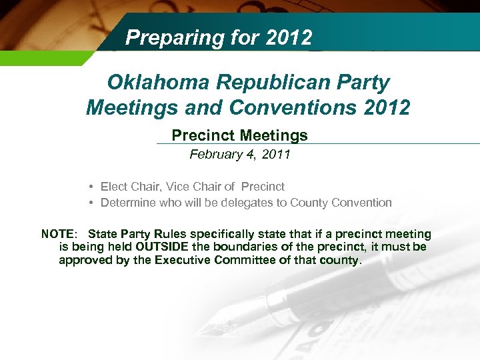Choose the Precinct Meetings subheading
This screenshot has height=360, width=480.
[239, 136]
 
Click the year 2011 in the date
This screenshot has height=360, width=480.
[275, 155]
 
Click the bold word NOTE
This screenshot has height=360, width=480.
[59, 234]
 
